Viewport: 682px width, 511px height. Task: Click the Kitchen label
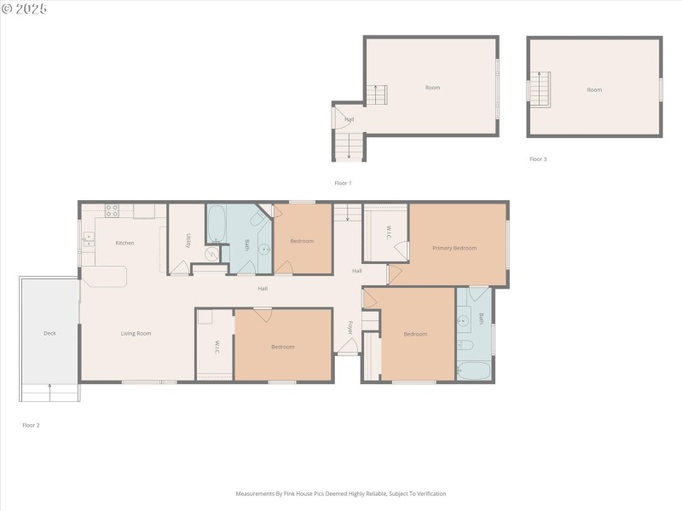click(125, 244)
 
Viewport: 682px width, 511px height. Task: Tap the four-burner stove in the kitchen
click(111, 210)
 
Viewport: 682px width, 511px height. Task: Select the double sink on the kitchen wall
click(87, 239)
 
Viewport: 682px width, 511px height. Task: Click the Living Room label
click(136, 333)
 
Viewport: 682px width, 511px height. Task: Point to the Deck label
click(49, 333)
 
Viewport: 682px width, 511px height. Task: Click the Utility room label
click(187, 239)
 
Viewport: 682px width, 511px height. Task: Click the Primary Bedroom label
click(454, 248)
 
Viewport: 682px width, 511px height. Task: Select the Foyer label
click(350, 327)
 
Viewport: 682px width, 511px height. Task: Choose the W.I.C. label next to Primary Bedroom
click(388, 231)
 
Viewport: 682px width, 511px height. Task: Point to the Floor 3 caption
click(538, 159)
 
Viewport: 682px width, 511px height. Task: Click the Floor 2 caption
click(31, 424)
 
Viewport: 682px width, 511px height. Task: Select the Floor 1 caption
click(343, 183)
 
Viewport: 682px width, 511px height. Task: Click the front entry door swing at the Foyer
click(346, 345)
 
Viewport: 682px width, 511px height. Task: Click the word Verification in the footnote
click(430, 494)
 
